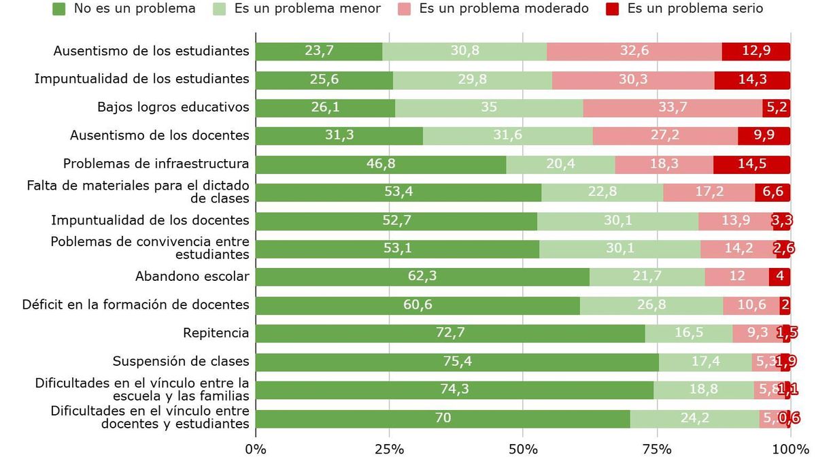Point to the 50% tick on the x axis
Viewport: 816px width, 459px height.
(523, 449)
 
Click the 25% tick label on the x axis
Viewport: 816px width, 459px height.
(389, 449)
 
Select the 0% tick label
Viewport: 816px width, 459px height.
(256, 449)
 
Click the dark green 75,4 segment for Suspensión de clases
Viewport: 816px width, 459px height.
(457, 362)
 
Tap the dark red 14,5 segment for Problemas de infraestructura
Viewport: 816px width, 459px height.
(751, 165)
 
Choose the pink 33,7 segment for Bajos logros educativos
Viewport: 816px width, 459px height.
(673, 108)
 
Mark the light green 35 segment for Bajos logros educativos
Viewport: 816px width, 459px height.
(489, 108)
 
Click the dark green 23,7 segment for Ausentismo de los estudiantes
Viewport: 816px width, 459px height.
(319, 52)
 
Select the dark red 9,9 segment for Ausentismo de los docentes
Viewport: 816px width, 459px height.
(764, 136)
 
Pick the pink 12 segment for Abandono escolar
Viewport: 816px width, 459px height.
(737, 277)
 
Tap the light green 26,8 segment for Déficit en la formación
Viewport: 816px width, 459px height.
(651, 305)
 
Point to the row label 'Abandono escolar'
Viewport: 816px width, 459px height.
(192, 277)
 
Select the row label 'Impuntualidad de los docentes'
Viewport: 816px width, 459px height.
(150, 220)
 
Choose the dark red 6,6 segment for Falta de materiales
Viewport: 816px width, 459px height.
(772, 192)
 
